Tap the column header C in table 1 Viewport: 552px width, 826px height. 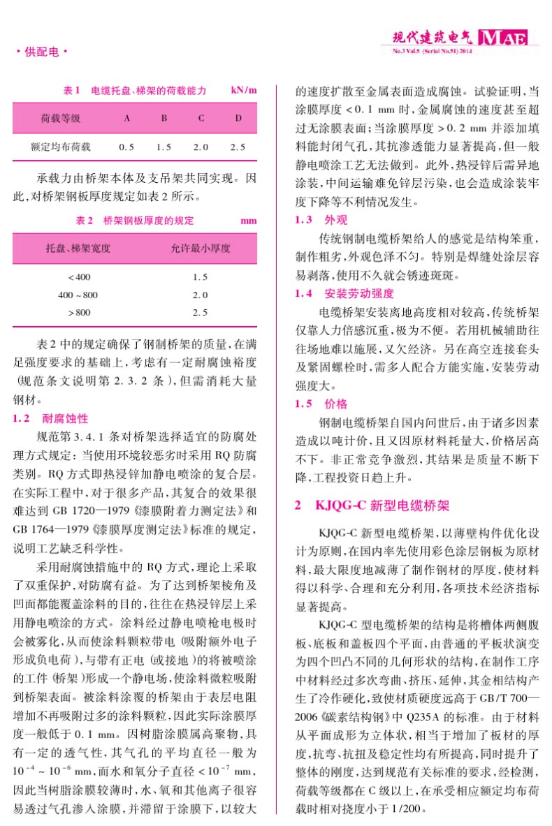pos(201,118)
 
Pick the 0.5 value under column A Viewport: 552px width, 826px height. pos(126,147)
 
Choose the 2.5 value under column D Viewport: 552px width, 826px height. pos(238,147)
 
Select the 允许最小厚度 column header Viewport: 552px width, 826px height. pos(201,249)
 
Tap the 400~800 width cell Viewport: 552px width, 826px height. pos(78,295)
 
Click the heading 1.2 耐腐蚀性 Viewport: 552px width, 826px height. pos(52,419)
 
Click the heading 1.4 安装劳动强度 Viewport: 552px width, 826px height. pos(344,293)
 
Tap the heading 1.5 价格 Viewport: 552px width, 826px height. pos(321,404)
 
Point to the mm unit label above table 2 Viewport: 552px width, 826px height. pos(248,221)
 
